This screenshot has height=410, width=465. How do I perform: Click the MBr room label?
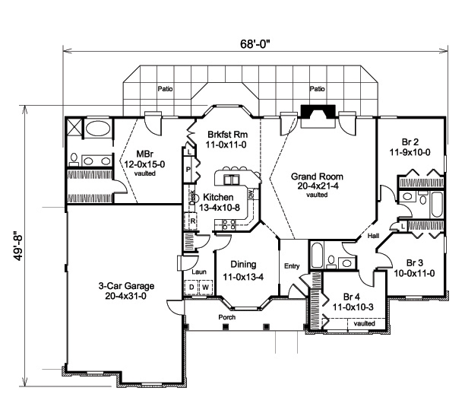click(x=144, y=152)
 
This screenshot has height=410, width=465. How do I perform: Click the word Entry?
click(x=292, y=265)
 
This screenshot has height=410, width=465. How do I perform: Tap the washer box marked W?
click(x=204, y=287)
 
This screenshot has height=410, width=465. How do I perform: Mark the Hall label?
click(x=373, y=237)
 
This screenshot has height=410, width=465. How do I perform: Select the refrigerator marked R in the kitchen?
click(x=193, y=221)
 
